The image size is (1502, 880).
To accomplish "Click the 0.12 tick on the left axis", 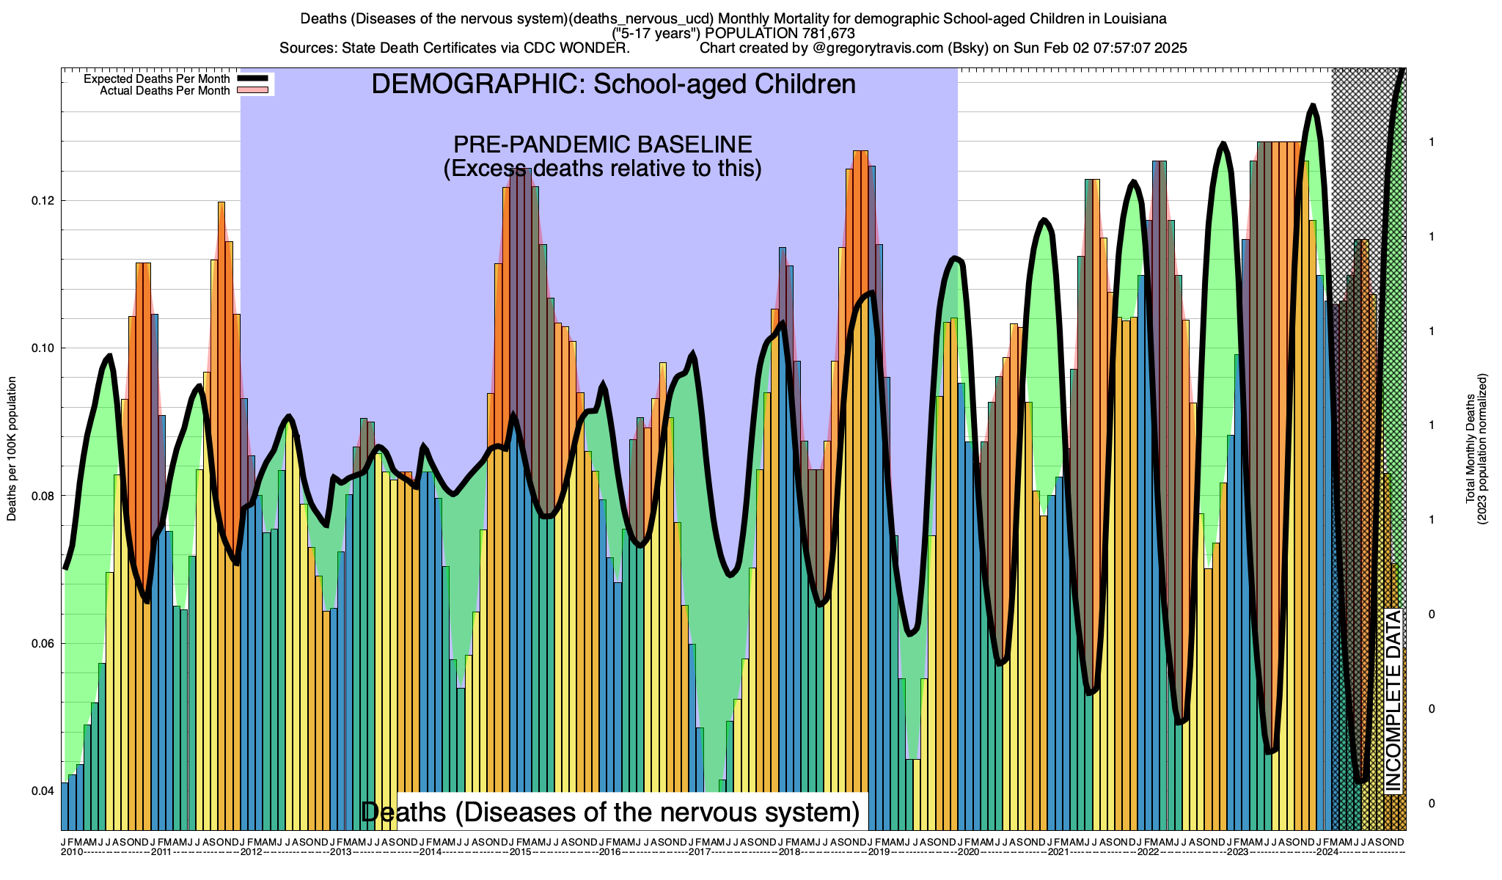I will click(42, 201).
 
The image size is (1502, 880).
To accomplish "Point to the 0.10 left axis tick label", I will click(42, 348).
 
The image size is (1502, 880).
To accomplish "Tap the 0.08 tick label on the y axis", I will click(42, 496).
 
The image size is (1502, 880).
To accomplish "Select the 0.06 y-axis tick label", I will click(42, 644).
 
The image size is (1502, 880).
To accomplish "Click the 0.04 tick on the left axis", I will click(42, 791).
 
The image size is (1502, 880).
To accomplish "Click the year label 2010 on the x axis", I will click(72, 852).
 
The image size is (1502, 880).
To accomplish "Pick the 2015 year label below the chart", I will click(520, 852).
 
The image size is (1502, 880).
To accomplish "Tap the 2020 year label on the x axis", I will click(968, 852).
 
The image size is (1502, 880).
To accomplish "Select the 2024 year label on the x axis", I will click(1327, 852).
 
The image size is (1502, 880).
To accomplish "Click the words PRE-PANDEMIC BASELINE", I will click(602, 144).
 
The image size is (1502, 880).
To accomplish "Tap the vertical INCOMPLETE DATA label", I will click(1393, 700).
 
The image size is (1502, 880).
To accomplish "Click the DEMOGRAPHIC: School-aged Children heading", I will click(613, 84).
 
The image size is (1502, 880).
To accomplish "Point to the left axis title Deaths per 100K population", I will click(12, 449).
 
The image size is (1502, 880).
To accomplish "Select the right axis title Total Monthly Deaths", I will click(1470, 449).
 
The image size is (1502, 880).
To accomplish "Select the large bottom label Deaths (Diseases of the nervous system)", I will click(610, 812).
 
